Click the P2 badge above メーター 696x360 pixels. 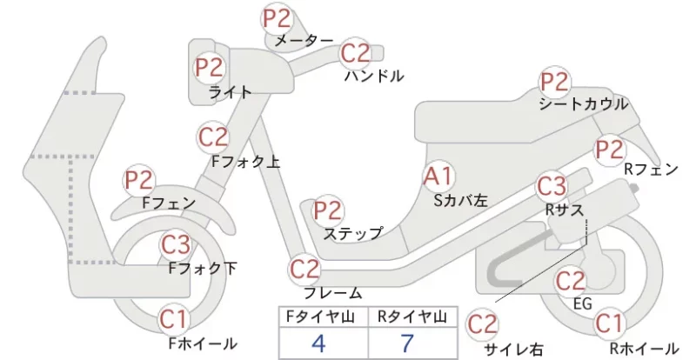point(277,18)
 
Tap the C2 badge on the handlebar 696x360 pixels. point(356,53)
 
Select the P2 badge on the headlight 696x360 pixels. point(210,68)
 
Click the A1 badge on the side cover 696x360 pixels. point(438,177)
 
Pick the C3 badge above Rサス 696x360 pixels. point(552,186)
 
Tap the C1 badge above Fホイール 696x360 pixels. point(174,320)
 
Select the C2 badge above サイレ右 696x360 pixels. point(483,324)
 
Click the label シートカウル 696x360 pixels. point(584,103)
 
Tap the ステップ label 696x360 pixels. point(353,234)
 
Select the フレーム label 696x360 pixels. point(333,293)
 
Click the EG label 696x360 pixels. point(583,304)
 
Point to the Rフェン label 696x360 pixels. point(651,169)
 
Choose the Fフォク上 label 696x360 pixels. point(246,162)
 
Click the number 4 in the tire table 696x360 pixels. point(318,343)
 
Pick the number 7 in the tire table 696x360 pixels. point(407,343)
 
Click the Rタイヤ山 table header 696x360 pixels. point(412,317)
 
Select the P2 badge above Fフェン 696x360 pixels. point(139,181)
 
